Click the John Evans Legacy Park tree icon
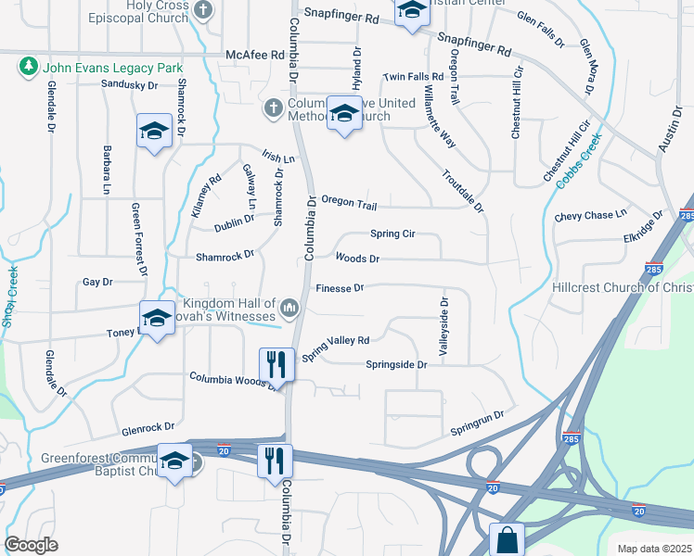tap(28, 67)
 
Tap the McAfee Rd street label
tap(254, 56)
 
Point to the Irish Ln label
tap(277, 158)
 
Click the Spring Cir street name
tap(392, 234)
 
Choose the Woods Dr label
tap(357, 259)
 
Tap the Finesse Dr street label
tap(340, 288)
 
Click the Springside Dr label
tap(396, 365)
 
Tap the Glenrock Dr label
tap(148, 428)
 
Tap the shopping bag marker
tap(507, 539)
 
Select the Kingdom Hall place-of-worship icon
tap(289, 307)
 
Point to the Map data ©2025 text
tap(654, 549)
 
